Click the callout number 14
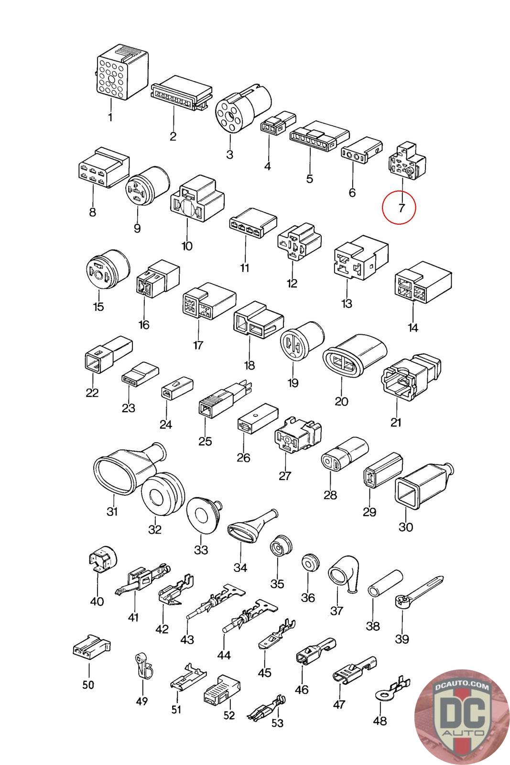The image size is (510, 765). (x=413, y=328)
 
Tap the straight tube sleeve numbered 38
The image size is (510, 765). (x=382, y=583)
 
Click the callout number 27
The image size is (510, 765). (x=285, y=476)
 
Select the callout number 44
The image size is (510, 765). (x=224, y=655)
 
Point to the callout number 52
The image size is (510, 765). (x=229, y=715)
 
